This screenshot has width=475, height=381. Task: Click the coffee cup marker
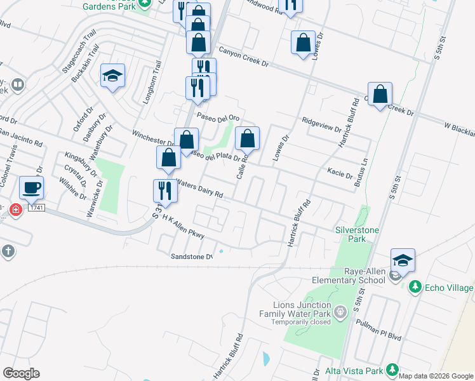(30, 188)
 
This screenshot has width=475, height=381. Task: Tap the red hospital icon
(15, 210)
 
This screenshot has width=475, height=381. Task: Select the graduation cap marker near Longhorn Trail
(112, 76)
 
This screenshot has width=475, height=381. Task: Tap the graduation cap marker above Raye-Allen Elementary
(403, 260)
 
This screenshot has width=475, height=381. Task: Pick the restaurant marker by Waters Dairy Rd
(165, 190)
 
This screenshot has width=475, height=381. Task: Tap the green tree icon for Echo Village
(415, 286)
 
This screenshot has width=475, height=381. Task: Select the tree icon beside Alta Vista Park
(392, 370)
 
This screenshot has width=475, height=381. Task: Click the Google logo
(21, 373)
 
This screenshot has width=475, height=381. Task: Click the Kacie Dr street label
(340, 171)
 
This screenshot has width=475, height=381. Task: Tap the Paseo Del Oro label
(218, 117)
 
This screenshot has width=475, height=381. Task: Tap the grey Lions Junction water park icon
(340, 311)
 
